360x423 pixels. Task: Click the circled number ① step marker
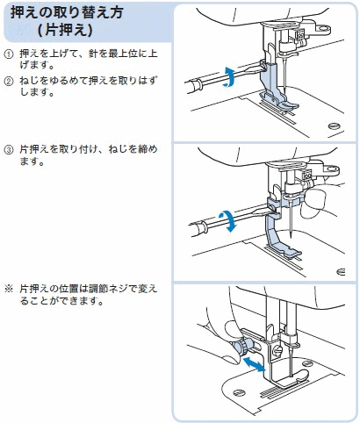(9, 54)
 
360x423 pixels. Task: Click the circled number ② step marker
(9, 81)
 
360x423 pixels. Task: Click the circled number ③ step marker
(9, 150)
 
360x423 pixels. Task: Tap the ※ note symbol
(9, 290)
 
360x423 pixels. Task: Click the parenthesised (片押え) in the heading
(66, 30)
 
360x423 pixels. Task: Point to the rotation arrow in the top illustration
(230, 76)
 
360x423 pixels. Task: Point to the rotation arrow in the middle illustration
(228, 221)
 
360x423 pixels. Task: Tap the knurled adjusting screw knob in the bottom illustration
(241, 346)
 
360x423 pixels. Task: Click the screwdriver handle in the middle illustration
(198, 228)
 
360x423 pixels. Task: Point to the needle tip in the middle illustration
(291, 237)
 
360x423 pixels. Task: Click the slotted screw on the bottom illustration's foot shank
(277, 349)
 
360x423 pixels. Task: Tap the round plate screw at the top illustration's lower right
(335, 126)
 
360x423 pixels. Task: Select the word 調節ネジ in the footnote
(105, 290)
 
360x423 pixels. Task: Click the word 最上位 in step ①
(123, 54)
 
